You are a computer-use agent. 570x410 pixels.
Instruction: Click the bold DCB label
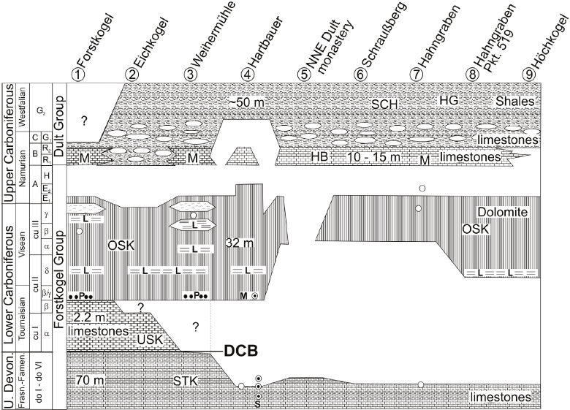[240, 350]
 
